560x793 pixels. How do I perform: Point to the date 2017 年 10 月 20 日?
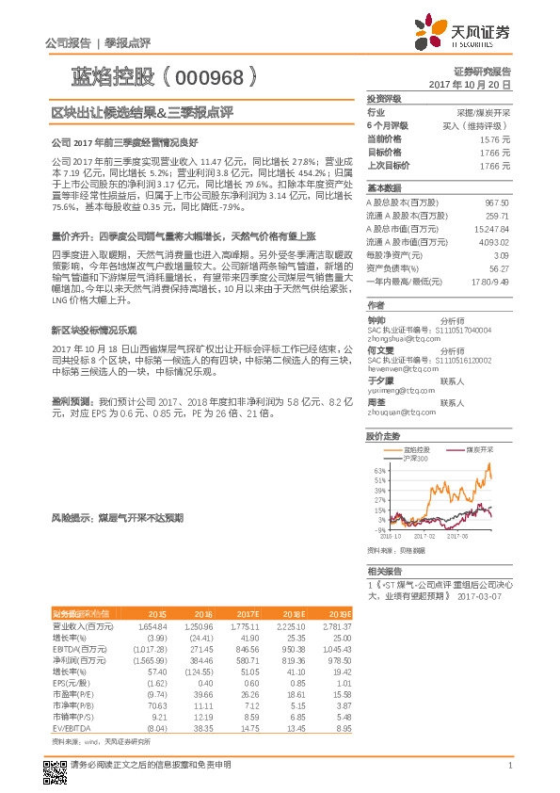[470, 83]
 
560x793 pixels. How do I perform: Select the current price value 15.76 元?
[495, 138]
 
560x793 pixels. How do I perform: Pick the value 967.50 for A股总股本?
[497, 202]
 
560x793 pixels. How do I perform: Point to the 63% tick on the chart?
[379, 470]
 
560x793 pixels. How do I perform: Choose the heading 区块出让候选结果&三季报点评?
[141, 113]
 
